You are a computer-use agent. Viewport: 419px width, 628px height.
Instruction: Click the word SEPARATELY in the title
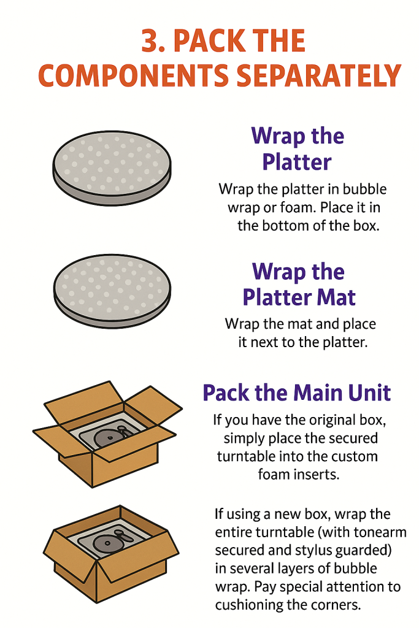pos(319,75)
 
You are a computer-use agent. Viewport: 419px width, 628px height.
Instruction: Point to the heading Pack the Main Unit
pos(296,393)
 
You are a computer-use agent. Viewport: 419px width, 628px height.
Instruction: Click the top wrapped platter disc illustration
pos(112,168)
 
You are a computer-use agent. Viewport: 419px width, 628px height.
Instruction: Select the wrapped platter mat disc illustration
pos(112,291)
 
